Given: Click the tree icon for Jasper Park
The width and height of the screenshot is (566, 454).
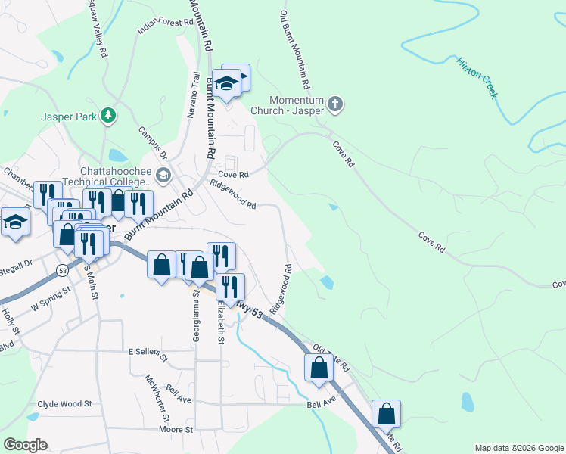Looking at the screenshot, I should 110,115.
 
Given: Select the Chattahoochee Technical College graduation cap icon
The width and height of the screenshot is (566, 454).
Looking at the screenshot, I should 163,177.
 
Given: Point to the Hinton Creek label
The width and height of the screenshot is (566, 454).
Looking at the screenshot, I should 476,76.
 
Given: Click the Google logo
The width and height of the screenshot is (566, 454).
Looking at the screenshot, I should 25,445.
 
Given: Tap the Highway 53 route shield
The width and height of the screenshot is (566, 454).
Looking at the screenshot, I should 62,269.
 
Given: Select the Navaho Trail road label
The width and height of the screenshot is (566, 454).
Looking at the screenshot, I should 193,95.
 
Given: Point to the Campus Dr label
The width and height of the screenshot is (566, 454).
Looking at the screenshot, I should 153,143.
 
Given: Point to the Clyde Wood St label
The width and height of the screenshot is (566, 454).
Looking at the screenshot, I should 64,404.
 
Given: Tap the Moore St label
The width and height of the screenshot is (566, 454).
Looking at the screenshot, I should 177,429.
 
